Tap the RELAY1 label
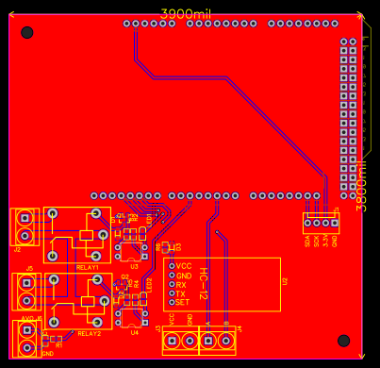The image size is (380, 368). [89, 267]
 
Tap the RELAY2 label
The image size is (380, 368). [89, 333]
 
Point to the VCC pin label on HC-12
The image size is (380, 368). [183, 266]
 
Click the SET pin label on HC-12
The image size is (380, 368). [183, 302]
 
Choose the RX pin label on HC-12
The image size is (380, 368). [181, 284]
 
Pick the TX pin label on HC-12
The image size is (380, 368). [181, 293]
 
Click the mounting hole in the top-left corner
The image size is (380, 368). [26, 32]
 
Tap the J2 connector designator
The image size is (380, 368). [17, 250]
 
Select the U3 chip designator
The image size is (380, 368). [134, 266]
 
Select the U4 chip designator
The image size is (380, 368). [134, 332]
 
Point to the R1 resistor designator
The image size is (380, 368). [58, 345]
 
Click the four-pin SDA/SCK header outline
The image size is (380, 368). [320, 224]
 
